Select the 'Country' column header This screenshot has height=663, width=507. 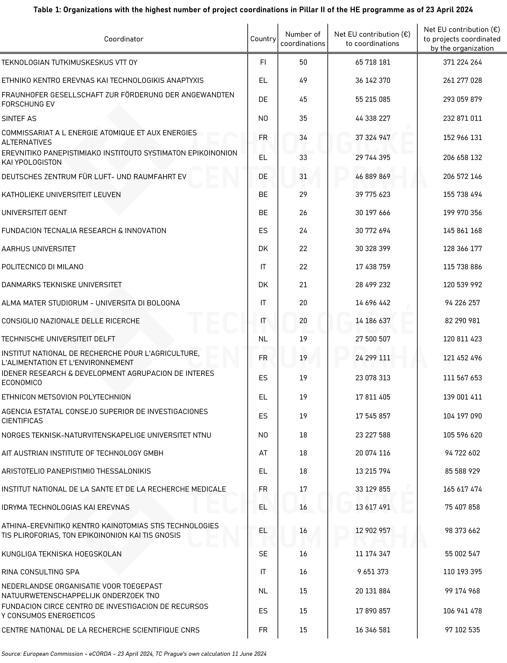[263, 39]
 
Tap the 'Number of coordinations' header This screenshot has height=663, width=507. [303, 39]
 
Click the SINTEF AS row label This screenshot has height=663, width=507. [19, 119]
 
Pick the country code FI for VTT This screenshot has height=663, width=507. [263, 62]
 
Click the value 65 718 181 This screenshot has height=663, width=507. [373, 62]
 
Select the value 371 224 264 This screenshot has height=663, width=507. [462, 62]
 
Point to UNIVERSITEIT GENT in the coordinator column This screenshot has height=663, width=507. [34, 213]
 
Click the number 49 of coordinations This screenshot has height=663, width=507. [303, 81]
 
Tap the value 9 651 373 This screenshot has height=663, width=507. [373, 572]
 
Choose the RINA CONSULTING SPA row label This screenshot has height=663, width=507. [40, 572]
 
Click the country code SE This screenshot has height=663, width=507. [263, 554]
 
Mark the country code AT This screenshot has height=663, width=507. [263, 453]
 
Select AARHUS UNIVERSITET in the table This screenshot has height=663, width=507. [39, 249]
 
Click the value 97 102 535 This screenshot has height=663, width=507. [462, 630]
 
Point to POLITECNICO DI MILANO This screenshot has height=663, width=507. [42, 267]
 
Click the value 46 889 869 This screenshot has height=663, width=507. [373, 176]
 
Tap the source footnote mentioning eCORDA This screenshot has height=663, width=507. [134, 654]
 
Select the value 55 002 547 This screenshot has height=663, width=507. [462, 554]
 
